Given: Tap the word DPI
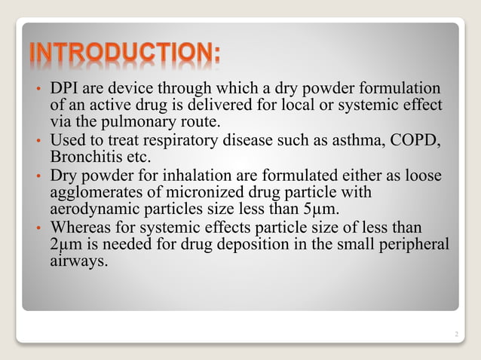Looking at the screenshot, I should pos(63,89).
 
